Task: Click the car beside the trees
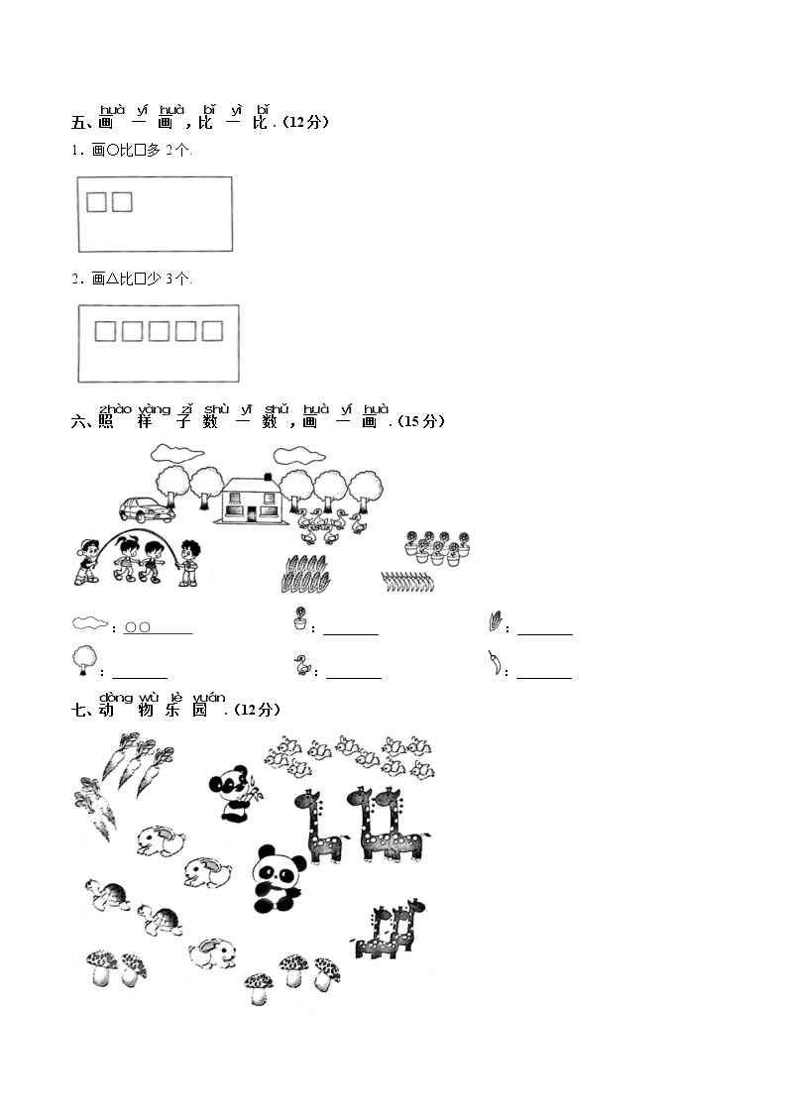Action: click(146, 509)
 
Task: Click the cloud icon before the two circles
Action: click(90, 623)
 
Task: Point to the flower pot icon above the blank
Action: click(301, 618)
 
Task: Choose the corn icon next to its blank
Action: click(496, 620)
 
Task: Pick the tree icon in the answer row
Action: click(84, 660)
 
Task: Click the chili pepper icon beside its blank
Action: click(495, 663)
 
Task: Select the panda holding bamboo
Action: click(233, 793)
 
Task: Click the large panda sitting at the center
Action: click(278, 879)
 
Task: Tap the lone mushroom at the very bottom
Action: click(259, 988)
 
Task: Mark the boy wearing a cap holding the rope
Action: click(86, 562)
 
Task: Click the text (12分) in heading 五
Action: click(305, 122)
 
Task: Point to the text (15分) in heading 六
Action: click(421, 421)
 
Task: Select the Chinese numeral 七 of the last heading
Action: click(78, 710)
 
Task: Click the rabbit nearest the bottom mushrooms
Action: click(212, 953)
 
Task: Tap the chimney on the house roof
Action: click(268, 477)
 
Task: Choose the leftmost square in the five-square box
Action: click(105, 331)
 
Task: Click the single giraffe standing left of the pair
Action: click(319, 827)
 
